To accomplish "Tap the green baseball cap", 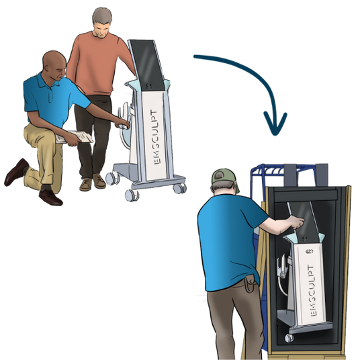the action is pyautogui.click(x=223, y=177).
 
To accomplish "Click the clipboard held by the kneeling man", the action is pyautogui.click(x=75, y=136).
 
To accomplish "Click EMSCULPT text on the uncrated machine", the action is pyautogui.click(x=156, y=137).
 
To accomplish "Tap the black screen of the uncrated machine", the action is pyautogui.click(x=148, y=65).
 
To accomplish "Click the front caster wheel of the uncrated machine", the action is pyautogui.click(x=132, y=195).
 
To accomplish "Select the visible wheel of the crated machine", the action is pyautogui.click(x=289, y=338).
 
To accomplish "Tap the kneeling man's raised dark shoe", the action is pyautogui.click(x=17, y=172).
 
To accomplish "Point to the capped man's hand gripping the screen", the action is pyautogui.click(x=297, y=222).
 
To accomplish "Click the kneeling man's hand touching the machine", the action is pyautogui.click(x=123, y=124).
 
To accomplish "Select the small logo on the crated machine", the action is pyautogui.click(x=310, y=251).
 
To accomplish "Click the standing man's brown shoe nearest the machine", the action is pyautogui.click(x=99, y=181).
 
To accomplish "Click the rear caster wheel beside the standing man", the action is pyautogui.click(x=111, y=178).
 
